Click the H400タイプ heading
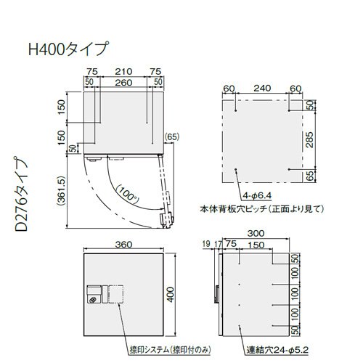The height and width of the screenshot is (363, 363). click(68, 49)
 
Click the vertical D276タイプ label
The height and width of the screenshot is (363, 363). click(21, 195)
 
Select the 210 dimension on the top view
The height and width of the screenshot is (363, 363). click(123, 71)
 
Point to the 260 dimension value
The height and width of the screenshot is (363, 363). click(123, 83)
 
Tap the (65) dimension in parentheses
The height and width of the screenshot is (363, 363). click(172, 137)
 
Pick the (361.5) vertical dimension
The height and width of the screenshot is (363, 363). click(62, 191)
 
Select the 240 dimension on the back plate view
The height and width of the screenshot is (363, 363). click(262, 88)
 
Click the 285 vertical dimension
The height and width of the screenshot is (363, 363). click(309, 139)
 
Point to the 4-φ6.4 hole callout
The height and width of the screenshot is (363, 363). click(257, 195)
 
